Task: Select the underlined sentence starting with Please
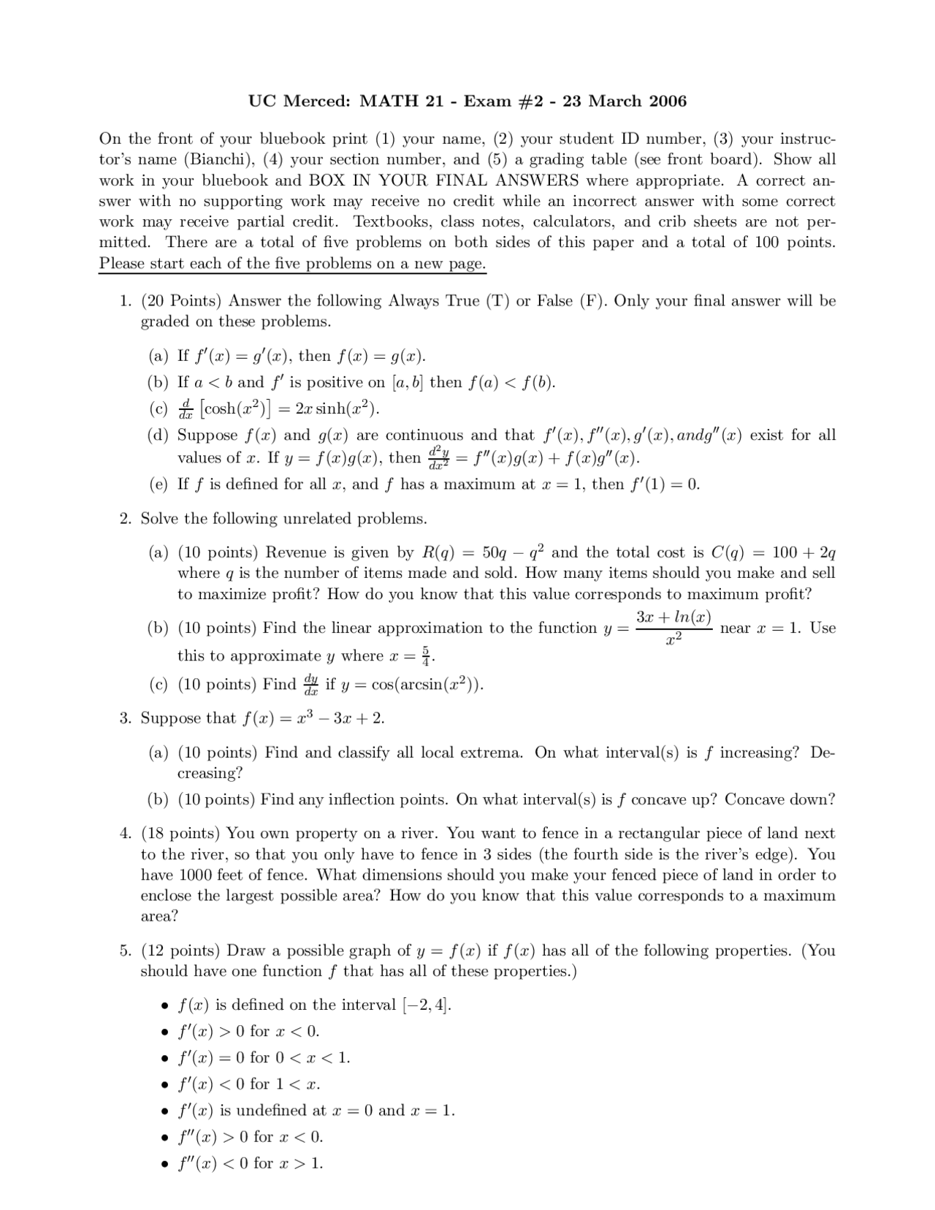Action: click(292, 263)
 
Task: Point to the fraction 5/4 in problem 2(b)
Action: click(427, 655)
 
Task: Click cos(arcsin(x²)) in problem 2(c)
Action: click(427, 685)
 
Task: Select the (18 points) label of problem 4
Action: click(180, 833)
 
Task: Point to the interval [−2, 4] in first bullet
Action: click(427, 1005)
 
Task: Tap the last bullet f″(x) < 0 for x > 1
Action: click(250, 1163)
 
